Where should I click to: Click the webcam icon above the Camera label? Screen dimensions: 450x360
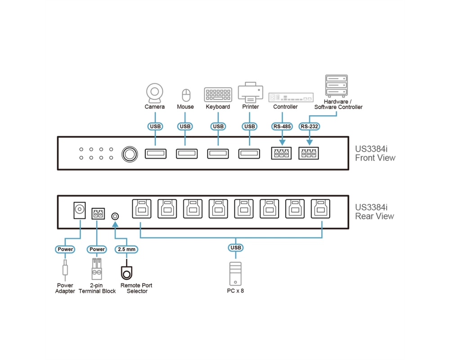[x=155, y=93]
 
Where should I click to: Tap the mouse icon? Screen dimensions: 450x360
[x=186, y=95]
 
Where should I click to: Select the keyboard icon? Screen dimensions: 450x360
[x=218, y=94]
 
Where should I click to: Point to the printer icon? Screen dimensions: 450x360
[x=250, y=92]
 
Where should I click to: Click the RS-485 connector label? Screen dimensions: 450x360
[x=282, y=126]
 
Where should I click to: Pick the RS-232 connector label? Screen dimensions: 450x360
[x=309, y=126]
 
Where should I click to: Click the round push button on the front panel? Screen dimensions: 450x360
[x=130, y=154]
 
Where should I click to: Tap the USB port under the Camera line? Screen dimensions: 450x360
[x=156, y=153]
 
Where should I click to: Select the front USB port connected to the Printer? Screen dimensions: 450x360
[x=249, y=153]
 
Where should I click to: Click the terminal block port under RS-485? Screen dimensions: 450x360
[x=281, y=153]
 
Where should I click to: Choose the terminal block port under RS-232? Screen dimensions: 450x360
[x=309, y=153]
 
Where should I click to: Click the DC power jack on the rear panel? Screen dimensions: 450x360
[x=80, y=210]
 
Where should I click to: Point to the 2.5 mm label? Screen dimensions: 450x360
[x=126, y=249]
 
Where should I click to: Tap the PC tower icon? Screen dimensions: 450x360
[x=235, y=274]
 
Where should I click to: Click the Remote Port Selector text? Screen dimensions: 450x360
[x=136, y=288]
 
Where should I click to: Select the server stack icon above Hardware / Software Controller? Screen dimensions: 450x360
[x=336, y=85]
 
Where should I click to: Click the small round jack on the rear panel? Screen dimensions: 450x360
[x=115, y=216]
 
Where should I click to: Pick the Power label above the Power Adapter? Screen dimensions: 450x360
[x=65, y=249]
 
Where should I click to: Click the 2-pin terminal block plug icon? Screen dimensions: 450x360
[x=97, y=269]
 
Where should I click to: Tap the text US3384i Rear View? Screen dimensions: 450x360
[x=375, y=211]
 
